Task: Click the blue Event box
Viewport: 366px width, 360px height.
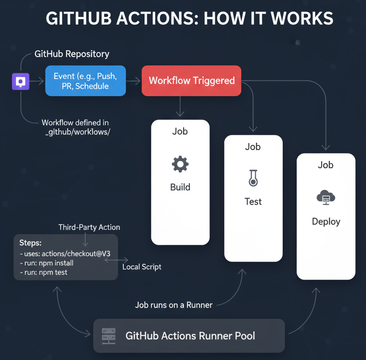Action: (x=85, y=81)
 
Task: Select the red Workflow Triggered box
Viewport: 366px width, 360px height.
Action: (x=191, y=81)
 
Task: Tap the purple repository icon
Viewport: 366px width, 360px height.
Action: (x=21, y=81)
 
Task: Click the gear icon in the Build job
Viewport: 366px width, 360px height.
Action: (x=180, y=164)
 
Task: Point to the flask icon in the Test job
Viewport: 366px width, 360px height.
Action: (x=253, y=178)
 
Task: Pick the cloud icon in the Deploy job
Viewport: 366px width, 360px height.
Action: (x=325, y=198)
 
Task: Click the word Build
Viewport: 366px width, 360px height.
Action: (x=180, y=187)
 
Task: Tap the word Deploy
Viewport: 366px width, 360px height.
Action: (x=326, y=222)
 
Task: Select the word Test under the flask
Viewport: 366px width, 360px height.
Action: (x=253, y=201)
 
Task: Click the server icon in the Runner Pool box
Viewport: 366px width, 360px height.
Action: (x=108, y=336)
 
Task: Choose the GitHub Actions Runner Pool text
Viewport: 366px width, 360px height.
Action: (x=190, y=336)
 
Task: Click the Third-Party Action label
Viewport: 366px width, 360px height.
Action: (x=89, y=228)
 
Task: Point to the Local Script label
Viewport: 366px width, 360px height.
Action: (x=142, y=267)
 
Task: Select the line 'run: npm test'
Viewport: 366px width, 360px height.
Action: (x=43, y=272)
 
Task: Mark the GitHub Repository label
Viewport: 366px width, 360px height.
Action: (x=72, y=54)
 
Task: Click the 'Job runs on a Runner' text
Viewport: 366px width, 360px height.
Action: (x=174, y=305)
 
